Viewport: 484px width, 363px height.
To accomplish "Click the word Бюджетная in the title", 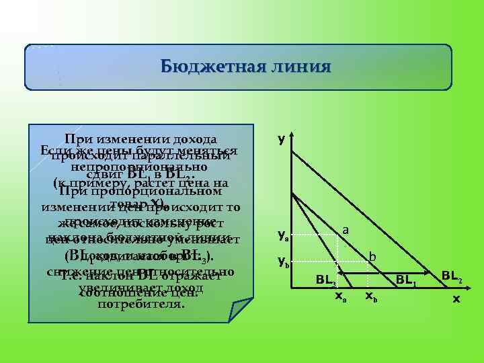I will pyautogui.click(x=205, y=67).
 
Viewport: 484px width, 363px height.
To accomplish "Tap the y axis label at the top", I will pyautogui.click(x=281, y=138).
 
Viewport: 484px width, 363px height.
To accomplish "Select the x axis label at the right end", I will pyautogui.click(x=456, y=298).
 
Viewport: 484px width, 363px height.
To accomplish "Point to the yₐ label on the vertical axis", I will pyautogui.click(x=284, y=235).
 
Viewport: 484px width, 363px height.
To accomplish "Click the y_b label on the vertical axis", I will pyautogui.click(x=284, y=261).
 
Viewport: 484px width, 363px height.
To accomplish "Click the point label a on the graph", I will pyautogui.click(x=346, y=230).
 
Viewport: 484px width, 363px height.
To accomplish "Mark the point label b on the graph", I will pyautogui.click(x=372, y=256).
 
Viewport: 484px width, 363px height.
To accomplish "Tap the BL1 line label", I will pyautogui.click(x=407, y=279).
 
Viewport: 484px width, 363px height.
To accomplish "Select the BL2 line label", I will pyautogui.click(x=452, y=274).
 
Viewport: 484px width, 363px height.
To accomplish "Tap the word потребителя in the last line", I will pyautogui.click(x=140, y=304).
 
